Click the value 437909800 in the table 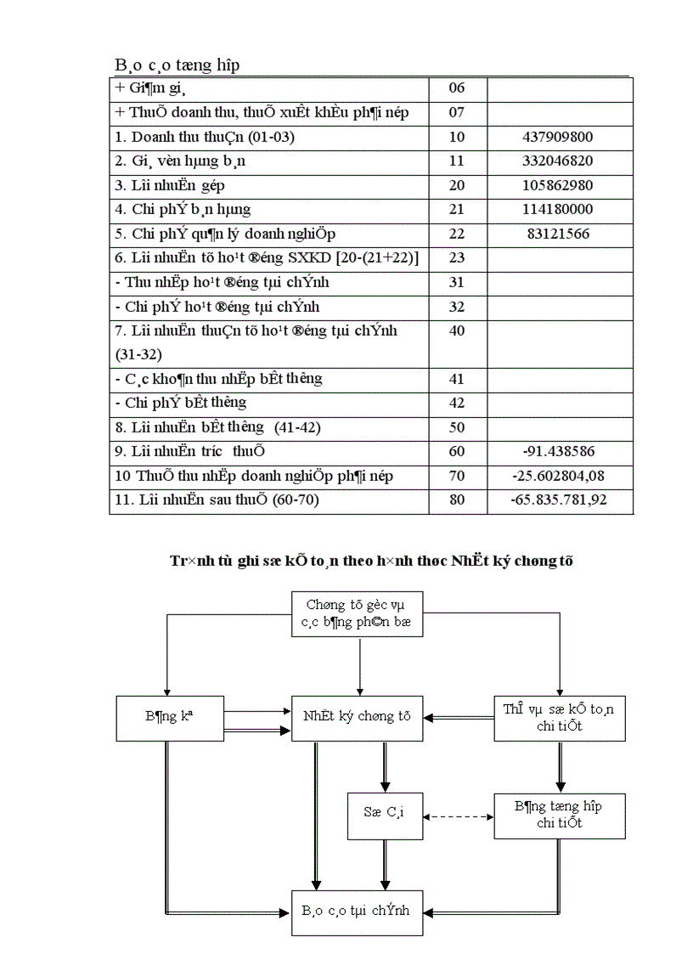tap(559, 137)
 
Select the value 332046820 tap(559, 161)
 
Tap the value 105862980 tap(559, 185)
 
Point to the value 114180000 tap(559, 209)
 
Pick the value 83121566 tap(559, 234)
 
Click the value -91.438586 tap(559, 452)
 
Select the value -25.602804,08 tap(559, 476)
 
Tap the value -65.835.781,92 tap(559, 500)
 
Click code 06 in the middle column tap(457, 87)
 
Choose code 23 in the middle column tap(457, 257)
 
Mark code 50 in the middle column tap(457, 427)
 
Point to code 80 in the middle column tap(457, 500)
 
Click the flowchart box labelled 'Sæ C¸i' tap(385, 816)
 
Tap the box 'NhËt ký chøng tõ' tap(357, 717)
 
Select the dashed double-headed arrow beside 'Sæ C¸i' tap(459, 817)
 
